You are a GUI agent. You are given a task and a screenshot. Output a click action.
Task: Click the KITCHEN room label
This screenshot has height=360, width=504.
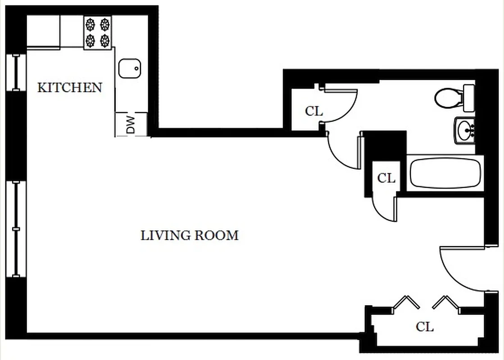pyautogui.click(x=69, y=87)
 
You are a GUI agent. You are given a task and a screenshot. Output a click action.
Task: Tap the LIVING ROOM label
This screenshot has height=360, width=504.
pyautogui.click(x=189, y=235)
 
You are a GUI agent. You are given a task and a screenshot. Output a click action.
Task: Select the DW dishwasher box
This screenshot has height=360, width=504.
pyautogui.click(x=131, y=125)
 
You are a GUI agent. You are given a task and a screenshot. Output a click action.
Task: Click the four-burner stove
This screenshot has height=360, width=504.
pyautogui.click(x=98, y=32)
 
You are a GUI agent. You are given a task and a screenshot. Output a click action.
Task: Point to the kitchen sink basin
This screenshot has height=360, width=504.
pyautogui.click(x=130, y=69)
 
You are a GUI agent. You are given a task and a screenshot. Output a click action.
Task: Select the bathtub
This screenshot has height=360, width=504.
pyautogui.click(x=445, y=173)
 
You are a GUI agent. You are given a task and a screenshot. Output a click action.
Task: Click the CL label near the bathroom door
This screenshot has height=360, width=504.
pyautogui.click(x=314, y=111)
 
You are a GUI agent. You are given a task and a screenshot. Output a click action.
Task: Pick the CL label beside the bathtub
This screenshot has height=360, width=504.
pyautogui.click(x=386, y=178)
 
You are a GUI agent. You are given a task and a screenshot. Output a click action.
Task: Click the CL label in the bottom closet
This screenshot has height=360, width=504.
pyautogui.click(x=424, y=327)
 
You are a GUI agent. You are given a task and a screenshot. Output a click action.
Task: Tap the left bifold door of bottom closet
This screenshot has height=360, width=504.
pyautogui.click(x=406, y=303)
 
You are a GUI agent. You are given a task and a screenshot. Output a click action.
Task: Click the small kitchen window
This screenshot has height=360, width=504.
pyautogui.click(x=16, y=72)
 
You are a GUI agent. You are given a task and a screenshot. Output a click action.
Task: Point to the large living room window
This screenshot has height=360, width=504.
pyautogui.click(x=16, y=229)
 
